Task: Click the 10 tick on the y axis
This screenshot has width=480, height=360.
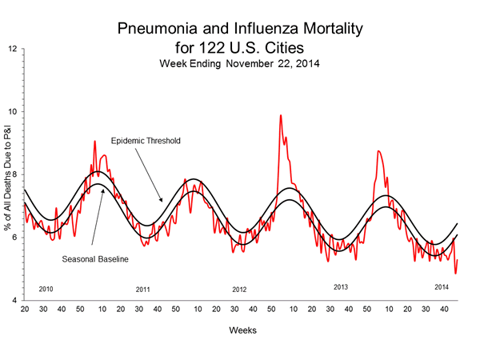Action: coord(13,112)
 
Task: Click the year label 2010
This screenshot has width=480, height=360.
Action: coord(46,288)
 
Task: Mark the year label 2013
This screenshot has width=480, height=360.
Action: coord(342,286)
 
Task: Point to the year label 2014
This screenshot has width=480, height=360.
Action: coord(441,286)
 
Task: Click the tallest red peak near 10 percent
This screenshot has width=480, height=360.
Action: coord(280,116)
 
